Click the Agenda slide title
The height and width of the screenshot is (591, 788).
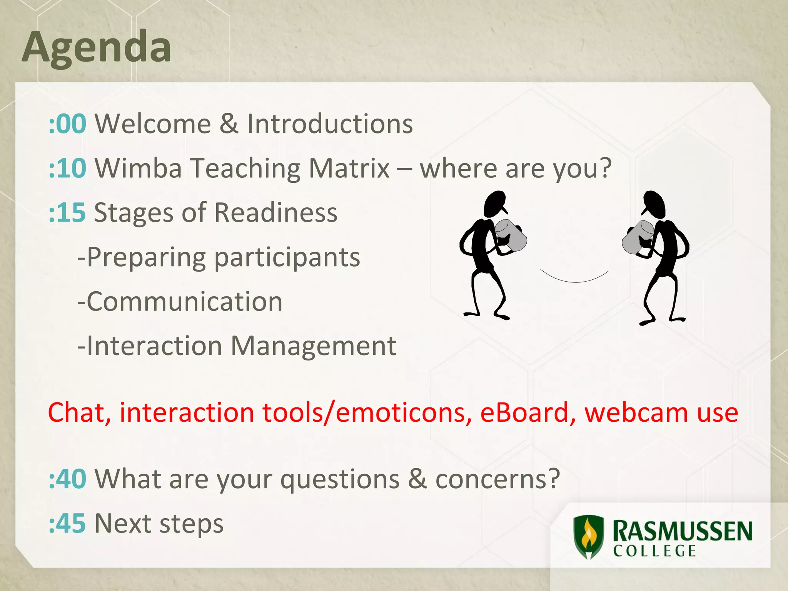(x=96, y=47)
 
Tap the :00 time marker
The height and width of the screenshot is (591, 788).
(x=67, y=124)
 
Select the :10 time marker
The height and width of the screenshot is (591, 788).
(x=67, y=168)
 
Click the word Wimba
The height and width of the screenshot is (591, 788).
(x=138, y=168)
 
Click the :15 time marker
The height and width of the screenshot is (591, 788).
(x=67, y=212)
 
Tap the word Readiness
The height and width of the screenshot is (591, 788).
(x=275, y=212)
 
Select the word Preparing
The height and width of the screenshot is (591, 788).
(x=146, y=257)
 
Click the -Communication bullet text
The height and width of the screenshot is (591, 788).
(x=180, y=301)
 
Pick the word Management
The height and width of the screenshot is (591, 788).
(x=313, y=346)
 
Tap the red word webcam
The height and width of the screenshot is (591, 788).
(x=636, y=412)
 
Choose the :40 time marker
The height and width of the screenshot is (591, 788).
(x=67, y=479)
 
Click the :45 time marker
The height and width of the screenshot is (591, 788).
(x=67, y=523)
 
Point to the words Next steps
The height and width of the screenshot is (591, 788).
(x=159, y=523)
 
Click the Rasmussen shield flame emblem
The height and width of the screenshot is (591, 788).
(x=588, y=537)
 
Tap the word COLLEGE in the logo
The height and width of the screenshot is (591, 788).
(x=654, y=551)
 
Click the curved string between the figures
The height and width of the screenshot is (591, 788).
(x=574, y=281)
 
